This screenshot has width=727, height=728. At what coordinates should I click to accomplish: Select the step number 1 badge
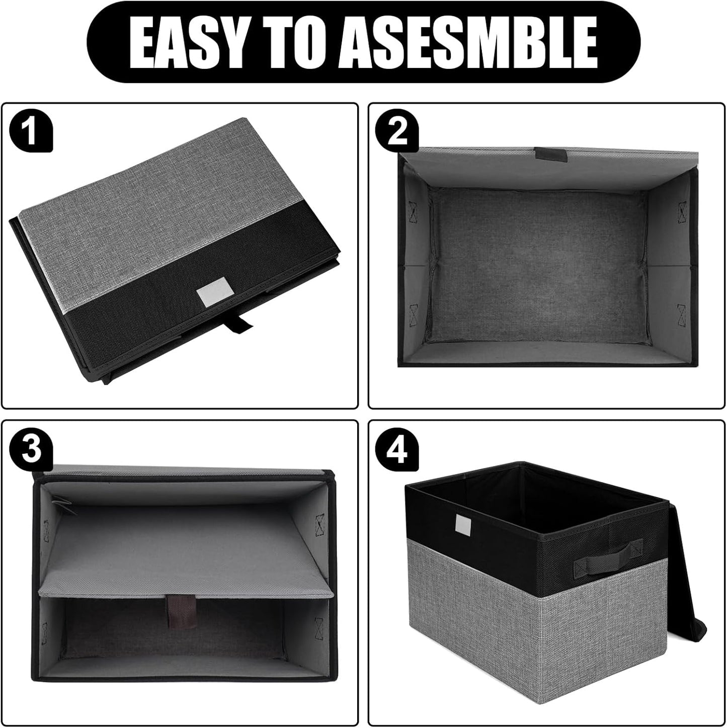pyautogui.click(x=31, y=132)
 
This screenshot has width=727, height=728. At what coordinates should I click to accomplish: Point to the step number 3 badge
pyautogui.click(x=31, y=449)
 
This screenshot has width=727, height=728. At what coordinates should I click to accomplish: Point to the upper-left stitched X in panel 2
pyautogui.click(x=414, y=212)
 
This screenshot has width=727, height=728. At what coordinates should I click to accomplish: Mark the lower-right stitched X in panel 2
pyautogui.click(x=682, y=315)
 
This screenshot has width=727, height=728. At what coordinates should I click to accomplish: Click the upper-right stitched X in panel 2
pyautogui.click(x=682, y=211)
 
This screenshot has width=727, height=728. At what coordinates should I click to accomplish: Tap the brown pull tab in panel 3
pyautogui.click(x=177, y=610)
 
